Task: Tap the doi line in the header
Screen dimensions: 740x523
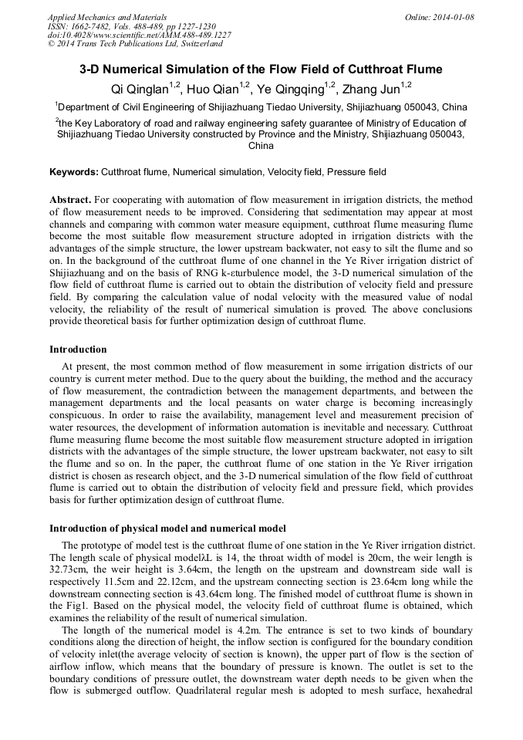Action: (139, 35)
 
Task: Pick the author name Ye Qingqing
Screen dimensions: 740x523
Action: (293, 89)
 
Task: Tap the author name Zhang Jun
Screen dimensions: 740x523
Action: (373, 89)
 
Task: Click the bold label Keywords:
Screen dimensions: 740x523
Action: (74, 171)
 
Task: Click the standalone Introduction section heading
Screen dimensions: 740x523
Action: (78, 350)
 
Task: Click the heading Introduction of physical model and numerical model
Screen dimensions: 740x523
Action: (167, 529)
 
